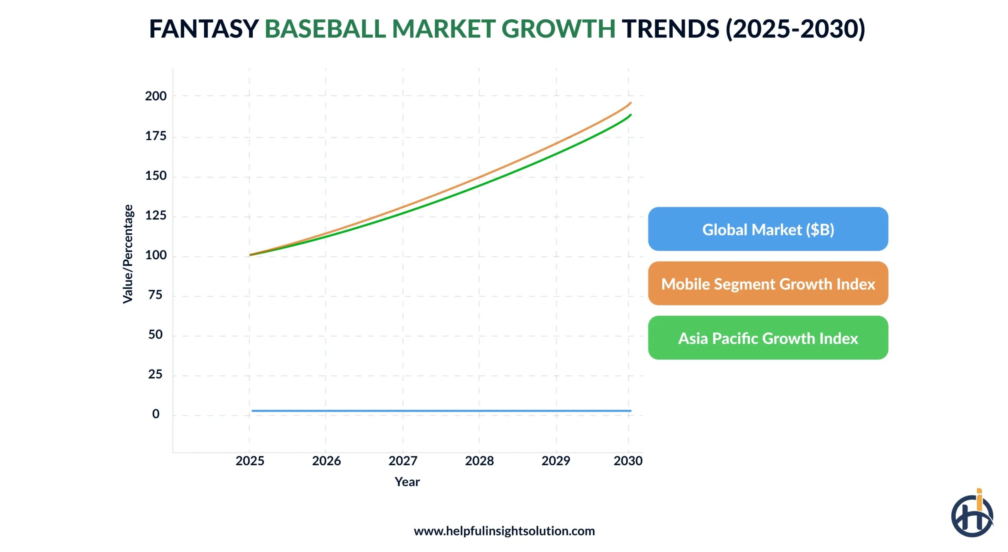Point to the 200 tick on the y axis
click(156, 96)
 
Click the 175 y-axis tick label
click(156, 136)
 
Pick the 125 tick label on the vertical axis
click(156, 215)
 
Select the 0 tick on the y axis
click(156, 413)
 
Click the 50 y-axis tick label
click(155, 334)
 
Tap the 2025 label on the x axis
click(250, 460)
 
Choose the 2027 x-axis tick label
click(402, 460)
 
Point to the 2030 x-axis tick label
click(627, 460)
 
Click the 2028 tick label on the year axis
click(479, 460)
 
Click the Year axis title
click(407, 481)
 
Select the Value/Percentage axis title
click(128, 254)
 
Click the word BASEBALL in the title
click(325, 29)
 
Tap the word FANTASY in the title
click(204, 29)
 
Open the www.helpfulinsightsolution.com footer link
click(504, 530)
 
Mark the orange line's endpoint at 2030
click(630, 103)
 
